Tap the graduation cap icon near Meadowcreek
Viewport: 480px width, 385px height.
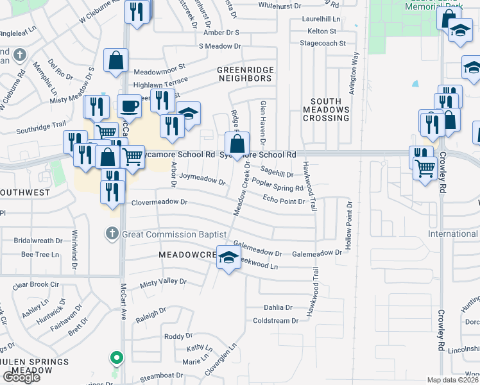[x=228, y=259]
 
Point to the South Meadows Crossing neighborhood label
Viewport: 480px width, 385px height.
[x=330, y=110]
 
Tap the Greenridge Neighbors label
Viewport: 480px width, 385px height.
[x=244, y=74]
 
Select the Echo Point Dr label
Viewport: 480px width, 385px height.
[x=284, y=201]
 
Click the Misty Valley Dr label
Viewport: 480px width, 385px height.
[x=163, y=282]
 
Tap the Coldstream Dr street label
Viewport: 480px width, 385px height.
[x=276, y=320]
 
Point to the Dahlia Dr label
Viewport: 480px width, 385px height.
[x=277, y=307]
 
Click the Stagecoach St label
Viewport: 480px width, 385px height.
[x=322, y=44]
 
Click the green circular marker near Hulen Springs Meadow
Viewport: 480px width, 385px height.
[x=116, y=357]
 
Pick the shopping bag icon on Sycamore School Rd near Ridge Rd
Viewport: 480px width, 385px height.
[x=237, y=144]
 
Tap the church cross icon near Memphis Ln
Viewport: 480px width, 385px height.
[x=21, y=55]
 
